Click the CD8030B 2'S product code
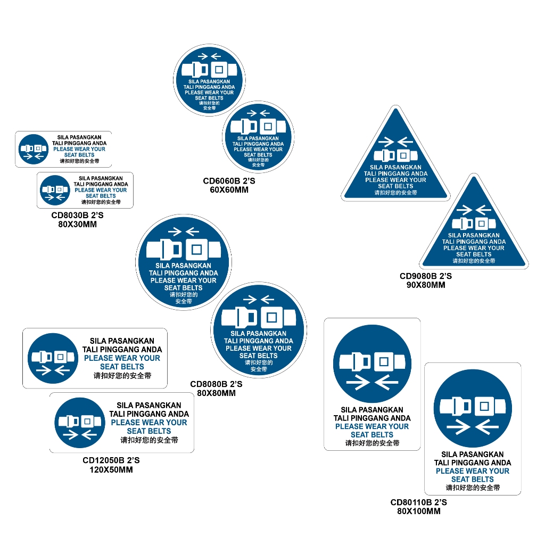(77, 215)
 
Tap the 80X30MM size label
(77, 224)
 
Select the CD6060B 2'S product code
(229, 181)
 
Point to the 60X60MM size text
(229, 190)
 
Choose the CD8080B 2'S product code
(216, 384)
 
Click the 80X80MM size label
(216, 393)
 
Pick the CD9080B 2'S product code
(426, 276)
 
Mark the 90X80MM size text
(426, 285)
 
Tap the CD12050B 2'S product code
(111, 460)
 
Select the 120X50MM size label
(111, 469)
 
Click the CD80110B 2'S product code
(418, 502)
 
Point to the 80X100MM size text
(418, 511)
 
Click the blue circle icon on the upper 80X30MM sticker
(34, 149)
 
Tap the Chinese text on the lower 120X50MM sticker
(149, 440)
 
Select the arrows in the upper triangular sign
(395, 142)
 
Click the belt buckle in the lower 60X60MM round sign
(258, 127)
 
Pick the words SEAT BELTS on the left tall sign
(372, 434)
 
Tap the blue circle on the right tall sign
(473, 408)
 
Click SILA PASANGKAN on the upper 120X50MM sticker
(122, 341)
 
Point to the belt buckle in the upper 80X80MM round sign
(184, 250)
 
